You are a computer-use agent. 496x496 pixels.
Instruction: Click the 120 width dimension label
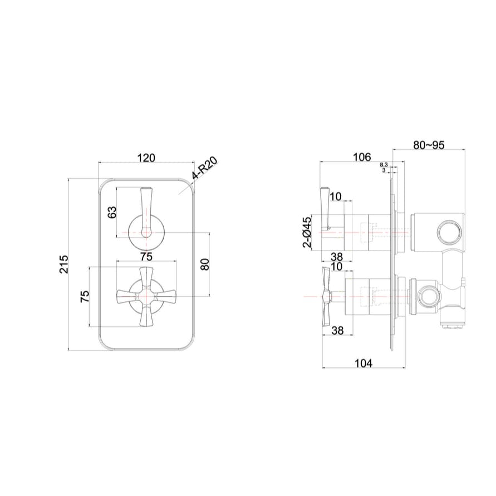pos(146,158)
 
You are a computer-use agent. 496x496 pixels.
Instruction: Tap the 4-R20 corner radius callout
pos(204,170)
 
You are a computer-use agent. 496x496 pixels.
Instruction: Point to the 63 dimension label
pos(112,212)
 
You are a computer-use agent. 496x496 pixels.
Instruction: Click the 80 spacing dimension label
pos(204,264)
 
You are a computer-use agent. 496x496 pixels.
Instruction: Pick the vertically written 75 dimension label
pos(85,296)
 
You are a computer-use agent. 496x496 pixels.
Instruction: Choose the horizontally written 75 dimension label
pos(146,257)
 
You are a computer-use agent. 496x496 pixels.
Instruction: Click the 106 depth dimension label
pos(362,158)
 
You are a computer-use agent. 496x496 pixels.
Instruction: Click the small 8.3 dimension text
pos(384,165)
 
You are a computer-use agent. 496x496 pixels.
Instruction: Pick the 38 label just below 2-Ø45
pos(336,256)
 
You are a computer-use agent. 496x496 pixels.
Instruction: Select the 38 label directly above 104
pos(336,330)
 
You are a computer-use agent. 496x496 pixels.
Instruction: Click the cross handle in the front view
pos(146,296)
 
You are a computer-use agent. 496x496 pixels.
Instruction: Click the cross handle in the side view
pos(325,297)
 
